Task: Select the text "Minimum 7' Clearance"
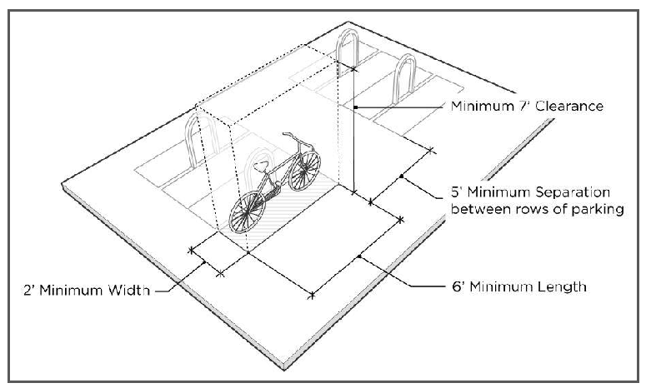click(x=526, y=107)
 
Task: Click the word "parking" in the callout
click(x=598, y=209)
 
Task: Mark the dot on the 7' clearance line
click(x=354, y=107)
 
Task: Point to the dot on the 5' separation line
click(x=402, y=177)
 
